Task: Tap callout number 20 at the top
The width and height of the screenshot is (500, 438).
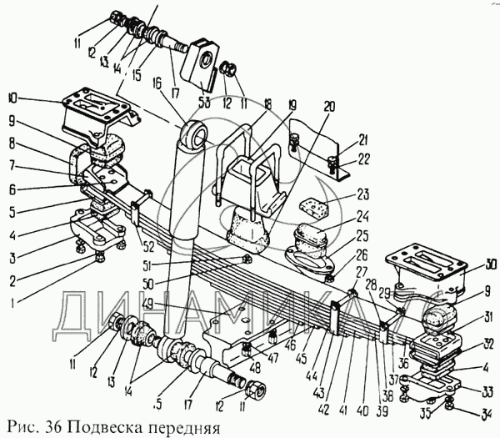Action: pyautogui.click(x=328, y=107)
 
